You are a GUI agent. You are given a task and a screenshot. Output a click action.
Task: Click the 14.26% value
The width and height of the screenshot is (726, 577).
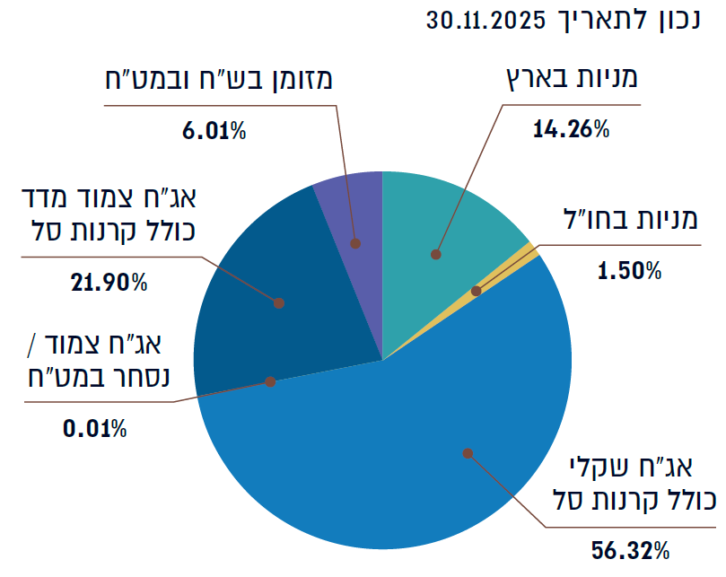pyautogui.click(x=571, y=130)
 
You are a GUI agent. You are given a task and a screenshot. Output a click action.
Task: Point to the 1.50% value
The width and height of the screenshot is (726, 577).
pyautogui.click(x=629, y=271)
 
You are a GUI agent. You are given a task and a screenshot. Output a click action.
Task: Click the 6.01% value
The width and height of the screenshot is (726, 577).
pyautogui.click(x=214, y=131)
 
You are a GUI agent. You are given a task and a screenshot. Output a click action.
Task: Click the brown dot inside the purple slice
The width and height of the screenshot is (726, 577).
pyautogui.click(x=355, y=243)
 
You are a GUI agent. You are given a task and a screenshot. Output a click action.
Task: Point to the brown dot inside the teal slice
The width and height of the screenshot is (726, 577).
pyautogui.click(x=436, y=254)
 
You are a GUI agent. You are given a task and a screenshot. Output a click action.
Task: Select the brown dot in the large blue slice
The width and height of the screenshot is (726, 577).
pyautogui.click(x=467, y=453)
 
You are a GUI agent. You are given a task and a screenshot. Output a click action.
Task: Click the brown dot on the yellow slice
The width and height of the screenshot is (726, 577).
pyautogui.click(x=477, y=291)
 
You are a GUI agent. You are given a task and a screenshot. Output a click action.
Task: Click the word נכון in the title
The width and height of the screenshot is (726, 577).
pyautogui.click(x=669, y=21)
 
